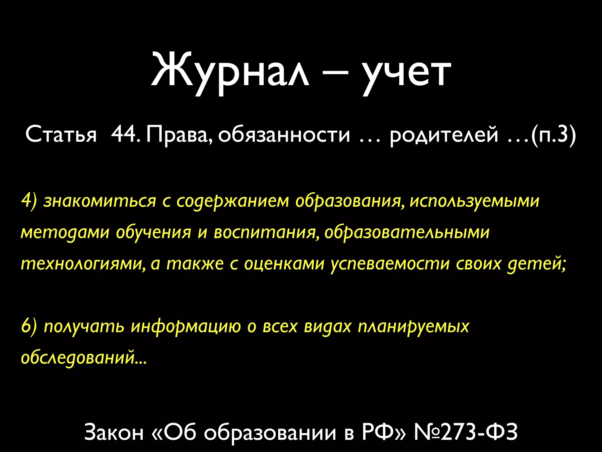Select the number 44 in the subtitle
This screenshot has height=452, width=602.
pos(123,134)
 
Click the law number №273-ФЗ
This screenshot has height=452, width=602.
pos(466,432)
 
